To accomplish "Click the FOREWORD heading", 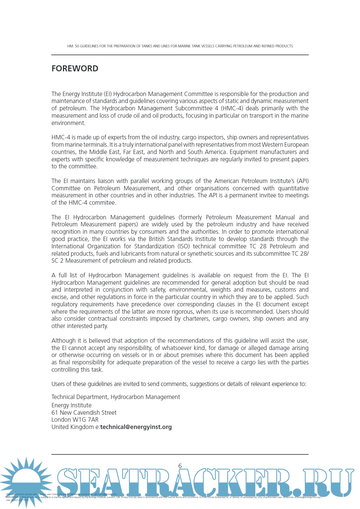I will click(75, 68).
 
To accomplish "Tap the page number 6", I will click(180, 466).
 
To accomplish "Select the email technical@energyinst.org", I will click(136, 427).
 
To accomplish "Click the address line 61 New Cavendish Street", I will click(84, 413).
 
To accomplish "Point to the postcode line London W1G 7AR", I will click(75, 420).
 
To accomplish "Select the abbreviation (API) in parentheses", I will click(303, 181).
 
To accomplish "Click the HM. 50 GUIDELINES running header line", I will click(180, 46).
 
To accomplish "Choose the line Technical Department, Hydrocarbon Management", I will click(116, 397).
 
